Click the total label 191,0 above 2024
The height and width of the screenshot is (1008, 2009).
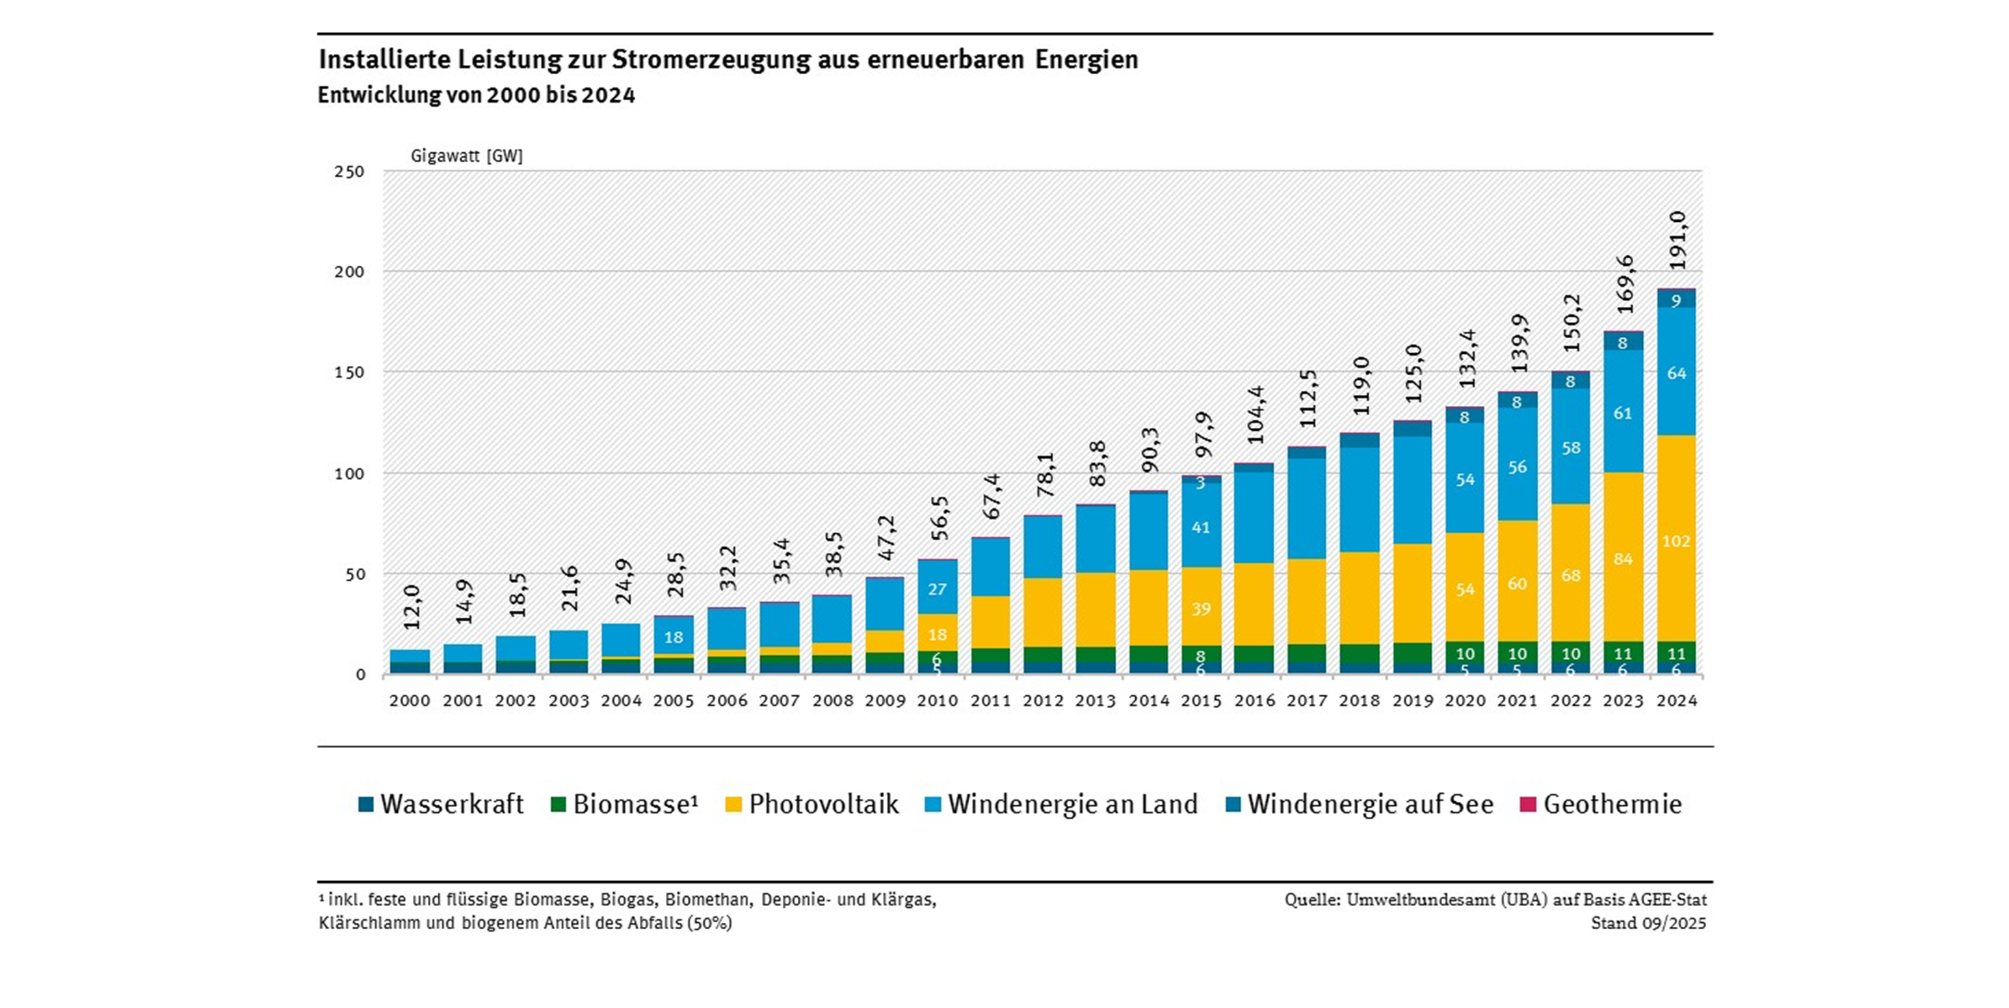1677,239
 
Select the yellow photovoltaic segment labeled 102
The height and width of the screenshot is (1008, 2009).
1676,540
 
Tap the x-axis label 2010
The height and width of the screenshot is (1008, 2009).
938,700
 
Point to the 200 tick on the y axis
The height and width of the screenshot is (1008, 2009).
349,271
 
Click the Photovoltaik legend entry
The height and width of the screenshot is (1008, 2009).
813,804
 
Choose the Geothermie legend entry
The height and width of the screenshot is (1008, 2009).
1602,804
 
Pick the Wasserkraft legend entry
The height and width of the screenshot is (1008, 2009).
441,804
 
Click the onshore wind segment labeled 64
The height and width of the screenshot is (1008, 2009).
1676,373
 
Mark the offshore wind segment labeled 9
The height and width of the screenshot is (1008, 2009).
1676,300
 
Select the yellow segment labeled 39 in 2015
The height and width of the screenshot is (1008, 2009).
1201,609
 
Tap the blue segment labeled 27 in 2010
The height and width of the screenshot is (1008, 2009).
938,589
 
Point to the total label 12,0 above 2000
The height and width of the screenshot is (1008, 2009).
412,607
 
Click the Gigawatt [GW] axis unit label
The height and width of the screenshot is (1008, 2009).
466,155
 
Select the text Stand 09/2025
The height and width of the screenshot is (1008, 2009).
1648,923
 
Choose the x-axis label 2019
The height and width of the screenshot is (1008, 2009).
1412,700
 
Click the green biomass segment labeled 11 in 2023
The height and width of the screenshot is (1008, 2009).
1623,653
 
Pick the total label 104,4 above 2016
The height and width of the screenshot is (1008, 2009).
1255,414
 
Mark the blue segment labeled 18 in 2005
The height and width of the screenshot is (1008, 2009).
674,637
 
